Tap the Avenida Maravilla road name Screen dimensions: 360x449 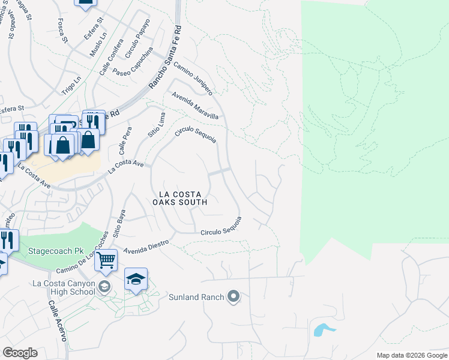(195, 106)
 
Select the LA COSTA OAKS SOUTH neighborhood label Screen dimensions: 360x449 (183, 198)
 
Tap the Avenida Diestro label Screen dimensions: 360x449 (148, 247)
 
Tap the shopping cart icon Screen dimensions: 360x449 (106, 260)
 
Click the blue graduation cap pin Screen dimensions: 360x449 (136, 279)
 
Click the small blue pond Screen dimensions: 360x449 (324, 329)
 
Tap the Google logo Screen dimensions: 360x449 (20, 353)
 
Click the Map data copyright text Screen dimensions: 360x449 (411, 355)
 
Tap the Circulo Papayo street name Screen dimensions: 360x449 (137, 39)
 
